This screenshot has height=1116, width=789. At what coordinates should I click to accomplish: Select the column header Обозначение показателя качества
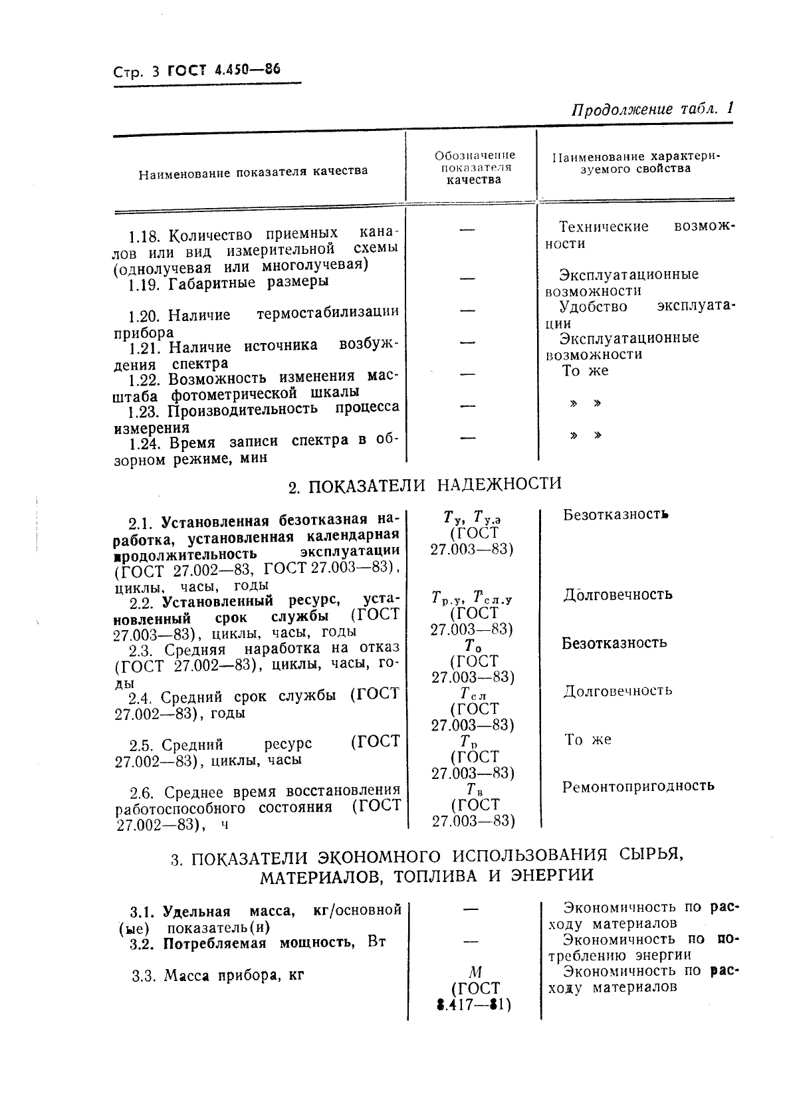(x=474, y=167)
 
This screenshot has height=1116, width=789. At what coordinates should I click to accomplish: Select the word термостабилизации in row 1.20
(x=327, y=312)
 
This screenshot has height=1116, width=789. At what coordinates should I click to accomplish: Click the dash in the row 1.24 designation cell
(x=469, y=437)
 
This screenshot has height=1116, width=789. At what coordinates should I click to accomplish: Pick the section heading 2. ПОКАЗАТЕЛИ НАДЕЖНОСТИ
(x=425, y=484)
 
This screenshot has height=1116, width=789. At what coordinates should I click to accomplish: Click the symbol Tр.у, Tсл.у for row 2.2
(x=471, y=596)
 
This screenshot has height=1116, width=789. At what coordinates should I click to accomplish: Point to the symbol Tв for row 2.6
(x=473, y=789)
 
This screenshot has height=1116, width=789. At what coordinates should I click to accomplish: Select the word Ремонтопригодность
(x=638, y=786)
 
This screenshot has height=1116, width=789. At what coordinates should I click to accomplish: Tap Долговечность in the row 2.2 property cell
(x=618, y=594)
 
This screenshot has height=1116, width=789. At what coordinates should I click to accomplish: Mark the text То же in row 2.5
(x=588, y=739)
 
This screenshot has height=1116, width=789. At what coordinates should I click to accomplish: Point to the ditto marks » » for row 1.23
(x=586, y=403)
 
